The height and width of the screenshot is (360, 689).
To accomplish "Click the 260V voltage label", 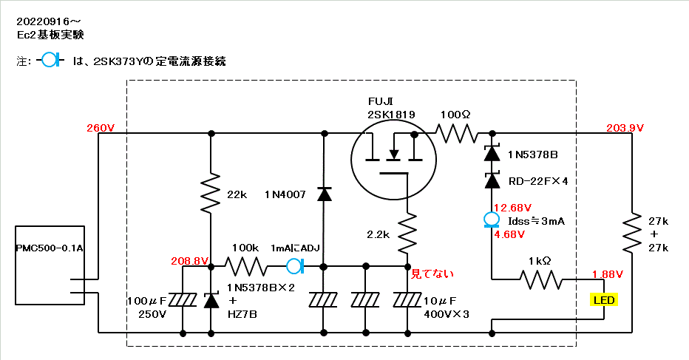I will [101, 128].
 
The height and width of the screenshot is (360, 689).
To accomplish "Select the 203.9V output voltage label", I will [625, 128].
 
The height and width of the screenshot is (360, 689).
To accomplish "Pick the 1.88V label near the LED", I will [608, 274].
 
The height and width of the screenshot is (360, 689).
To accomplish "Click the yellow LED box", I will [604, 300].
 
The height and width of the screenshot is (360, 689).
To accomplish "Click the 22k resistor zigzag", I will [211, 192].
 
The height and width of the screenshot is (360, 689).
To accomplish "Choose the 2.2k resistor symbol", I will [407, 234].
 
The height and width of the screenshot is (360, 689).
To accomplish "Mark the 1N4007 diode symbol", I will [324, 194].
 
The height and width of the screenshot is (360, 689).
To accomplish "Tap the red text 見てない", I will [432, 274].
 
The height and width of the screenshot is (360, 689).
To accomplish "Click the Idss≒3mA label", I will [534, 220].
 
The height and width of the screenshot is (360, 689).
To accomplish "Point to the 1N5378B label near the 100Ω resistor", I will [532, 154].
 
